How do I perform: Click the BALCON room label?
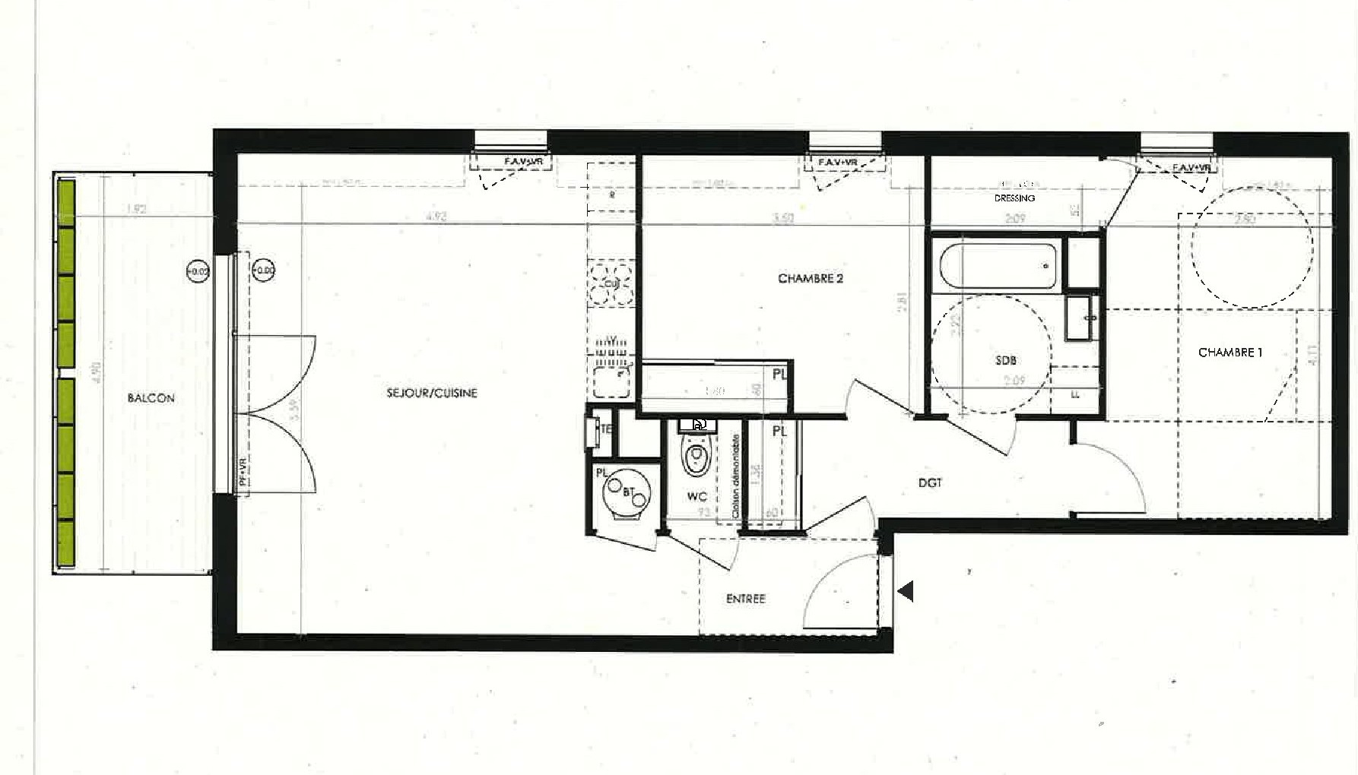(151, 398)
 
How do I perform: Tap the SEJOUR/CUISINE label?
(432, 393)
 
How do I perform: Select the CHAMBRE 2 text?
(810, 279)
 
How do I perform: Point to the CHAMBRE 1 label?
(1229, 353)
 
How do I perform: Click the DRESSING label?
(1014, 198)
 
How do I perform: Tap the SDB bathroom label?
(1005, 360)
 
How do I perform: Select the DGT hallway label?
(930, 482)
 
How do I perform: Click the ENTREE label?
(745, 599)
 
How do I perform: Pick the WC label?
(696, 497)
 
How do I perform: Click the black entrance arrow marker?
(905, 591)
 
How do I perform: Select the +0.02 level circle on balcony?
(198, 270)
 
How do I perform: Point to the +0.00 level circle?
(264, 270)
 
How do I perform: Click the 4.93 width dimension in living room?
(436, 217)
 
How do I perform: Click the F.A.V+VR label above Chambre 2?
(837, 163)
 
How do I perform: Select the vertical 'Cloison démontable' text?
(735, 476)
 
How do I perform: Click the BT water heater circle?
(627, 492)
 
